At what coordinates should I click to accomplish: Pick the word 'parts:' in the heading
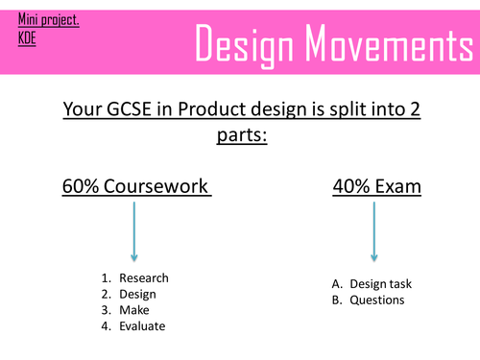point(238,137)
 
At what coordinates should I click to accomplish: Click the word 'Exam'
point(400,185)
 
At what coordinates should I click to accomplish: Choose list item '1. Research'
point(140,278)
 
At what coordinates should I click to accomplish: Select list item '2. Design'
point(134,294)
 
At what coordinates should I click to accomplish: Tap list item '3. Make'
point(131,310)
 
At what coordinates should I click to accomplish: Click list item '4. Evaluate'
point(139,326)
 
